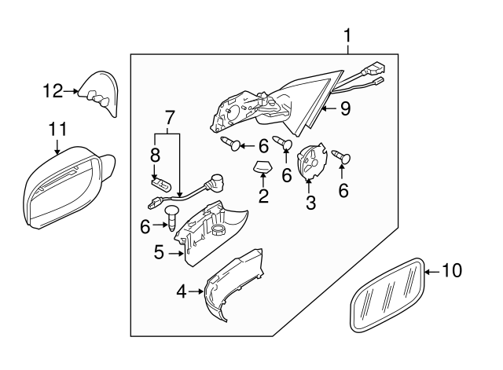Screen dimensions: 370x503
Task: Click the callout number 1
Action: tap(347, 36)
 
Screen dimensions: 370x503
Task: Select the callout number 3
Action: tap(310, 203)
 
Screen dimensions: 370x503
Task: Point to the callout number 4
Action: tap(182, 291)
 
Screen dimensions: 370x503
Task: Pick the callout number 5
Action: tap(158, 253)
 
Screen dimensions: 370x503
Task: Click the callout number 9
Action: tap(344, 108)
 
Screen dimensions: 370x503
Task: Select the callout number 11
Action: tap(57, 128)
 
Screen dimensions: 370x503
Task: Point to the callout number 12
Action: tap(52, 91)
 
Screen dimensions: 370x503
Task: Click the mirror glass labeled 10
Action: tap(386, 295)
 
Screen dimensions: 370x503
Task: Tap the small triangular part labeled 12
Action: tap(101, 92)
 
